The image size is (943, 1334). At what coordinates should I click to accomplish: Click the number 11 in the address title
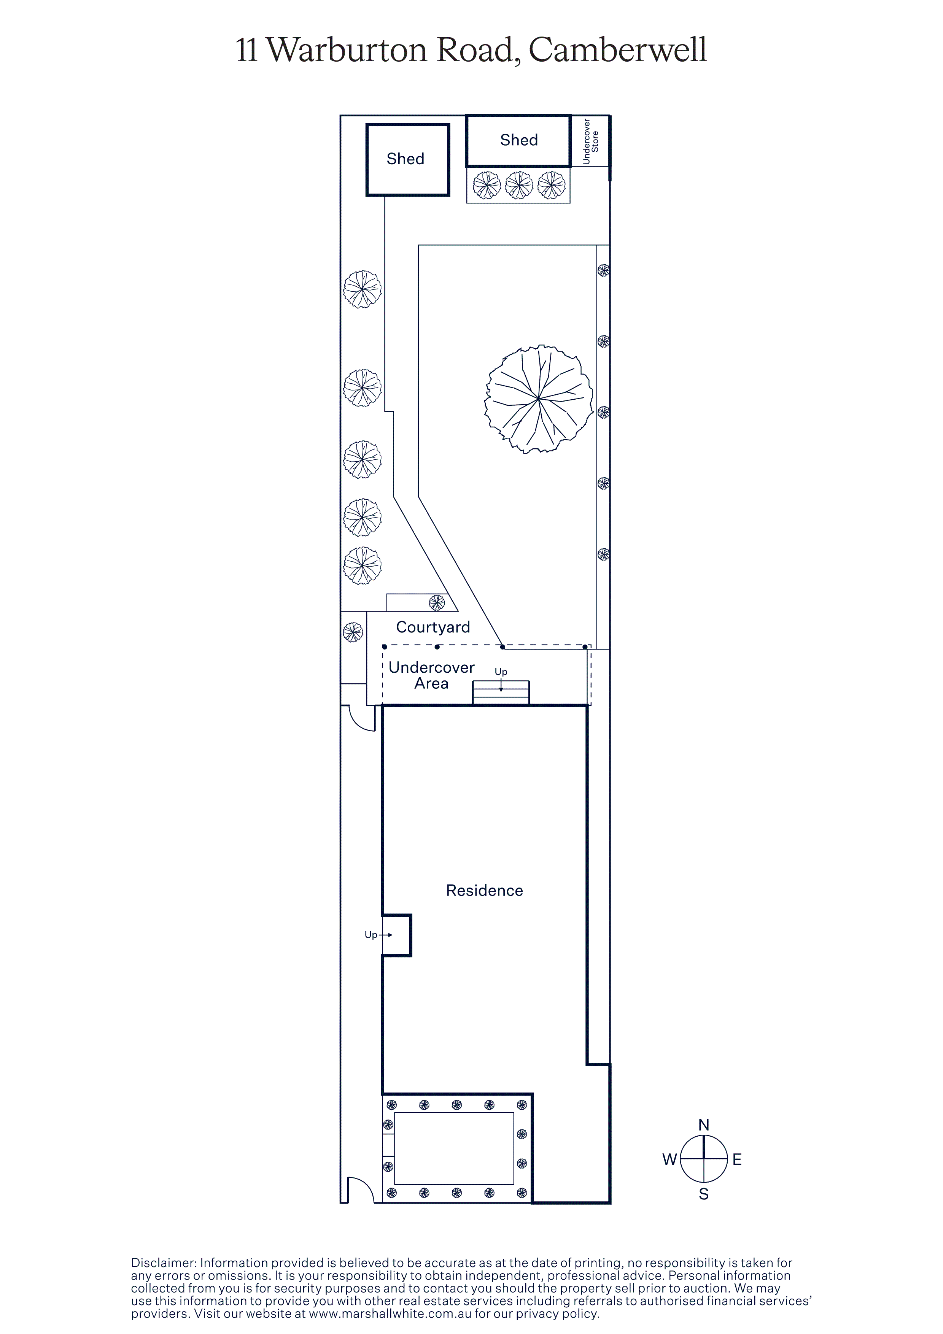[247, 51]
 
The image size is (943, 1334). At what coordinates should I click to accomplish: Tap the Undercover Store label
[590, 141]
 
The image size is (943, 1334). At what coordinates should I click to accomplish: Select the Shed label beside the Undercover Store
[519, 140]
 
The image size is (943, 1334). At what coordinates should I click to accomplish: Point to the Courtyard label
[433, 627]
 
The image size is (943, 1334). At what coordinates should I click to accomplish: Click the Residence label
[485, 891]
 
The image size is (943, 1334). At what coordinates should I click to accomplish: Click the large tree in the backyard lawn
[539, 399]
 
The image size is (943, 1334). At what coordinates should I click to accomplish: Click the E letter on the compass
[737, 1160]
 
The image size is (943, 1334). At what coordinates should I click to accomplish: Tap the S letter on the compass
[704, 1194]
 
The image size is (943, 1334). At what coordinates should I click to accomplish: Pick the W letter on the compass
[670, 1160]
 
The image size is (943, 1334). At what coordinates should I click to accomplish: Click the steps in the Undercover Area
[501, 692]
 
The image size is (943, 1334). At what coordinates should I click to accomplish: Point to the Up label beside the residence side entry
[371, 935]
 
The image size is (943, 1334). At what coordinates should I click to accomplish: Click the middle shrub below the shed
[519, 185]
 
